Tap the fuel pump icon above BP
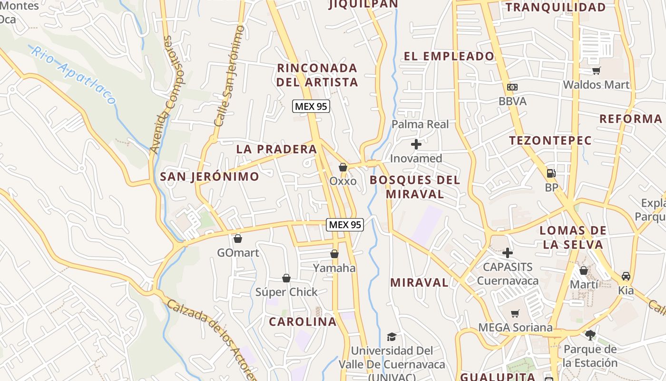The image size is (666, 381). [551, 173]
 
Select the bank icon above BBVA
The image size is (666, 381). [512, 87]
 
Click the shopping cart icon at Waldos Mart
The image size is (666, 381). [596, 71]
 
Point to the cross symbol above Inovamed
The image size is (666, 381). [416, 144]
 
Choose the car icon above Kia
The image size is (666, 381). [626, 276]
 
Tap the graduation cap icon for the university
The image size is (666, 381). [392, 337]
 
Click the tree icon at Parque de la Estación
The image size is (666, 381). [590, 335]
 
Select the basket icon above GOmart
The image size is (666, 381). [237, 238]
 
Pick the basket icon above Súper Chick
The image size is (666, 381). [286, 278]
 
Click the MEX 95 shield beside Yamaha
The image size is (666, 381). [345, 225]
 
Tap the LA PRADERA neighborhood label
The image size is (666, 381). [276, 149]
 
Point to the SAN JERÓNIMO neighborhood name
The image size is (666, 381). [209, 177]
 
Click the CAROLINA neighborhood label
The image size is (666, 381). [303, 321]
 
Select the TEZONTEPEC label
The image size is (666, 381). [550, 140]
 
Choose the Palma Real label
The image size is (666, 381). [420, 124]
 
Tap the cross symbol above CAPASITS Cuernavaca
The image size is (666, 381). [508, 252]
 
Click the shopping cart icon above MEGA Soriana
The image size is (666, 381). [515, 313]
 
